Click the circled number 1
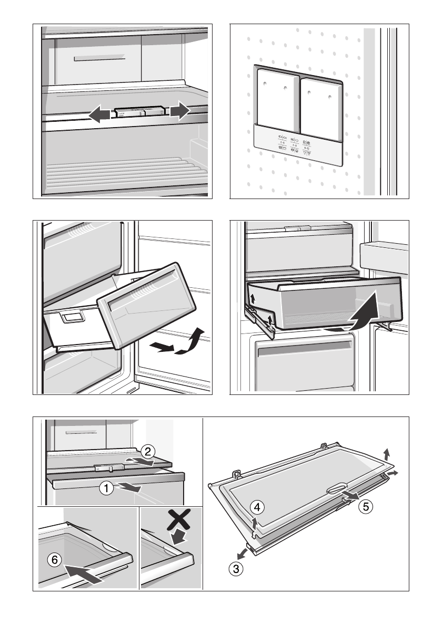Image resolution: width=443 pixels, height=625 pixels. (x=107, y=488)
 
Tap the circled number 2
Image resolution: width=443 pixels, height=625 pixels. (x=148, y=451)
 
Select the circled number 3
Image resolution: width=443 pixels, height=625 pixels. (x=237, y=568)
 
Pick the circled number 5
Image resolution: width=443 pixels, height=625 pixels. (x=366, y=507)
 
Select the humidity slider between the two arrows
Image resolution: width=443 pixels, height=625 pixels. (x=139, y=112)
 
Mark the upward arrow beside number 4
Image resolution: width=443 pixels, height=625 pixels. (x=255, y=523)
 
